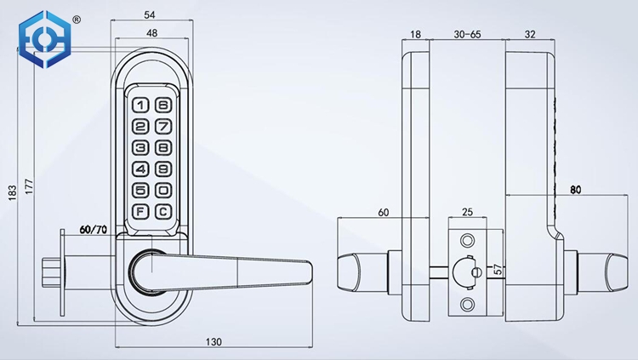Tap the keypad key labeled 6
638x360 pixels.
pos(163,106)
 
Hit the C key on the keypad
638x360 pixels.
pos(163,211)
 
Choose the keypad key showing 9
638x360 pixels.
pos(163,169)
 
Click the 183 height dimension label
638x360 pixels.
pos(12,194)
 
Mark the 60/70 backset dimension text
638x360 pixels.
pos(94,230)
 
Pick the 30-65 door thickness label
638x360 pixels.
pos(467,34)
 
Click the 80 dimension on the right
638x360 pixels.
pos(575,190)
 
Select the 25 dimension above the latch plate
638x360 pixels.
pos(466,211)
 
